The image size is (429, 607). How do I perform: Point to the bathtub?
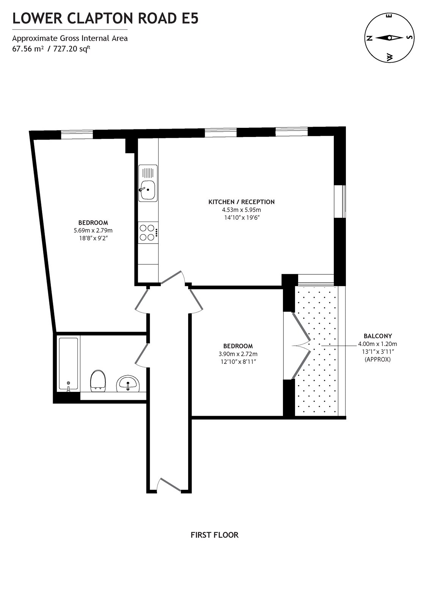click(68, 364)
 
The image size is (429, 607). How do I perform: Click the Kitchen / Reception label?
click(241, 202)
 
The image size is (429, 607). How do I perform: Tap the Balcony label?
click(377, 336)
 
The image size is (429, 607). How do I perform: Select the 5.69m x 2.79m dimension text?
click(93, 230)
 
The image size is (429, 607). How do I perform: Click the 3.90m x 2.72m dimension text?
click(238, 354)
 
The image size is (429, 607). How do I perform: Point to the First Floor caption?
click(214, 535)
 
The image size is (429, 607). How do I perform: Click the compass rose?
click(389, 38)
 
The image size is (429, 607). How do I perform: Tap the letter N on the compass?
click(369, 38)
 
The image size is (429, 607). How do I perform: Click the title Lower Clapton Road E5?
click(105, 18)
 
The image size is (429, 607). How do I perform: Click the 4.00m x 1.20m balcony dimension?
click(377, 344)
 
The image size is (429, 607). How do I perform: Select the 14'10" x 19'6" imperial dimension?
click(241, 218)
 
